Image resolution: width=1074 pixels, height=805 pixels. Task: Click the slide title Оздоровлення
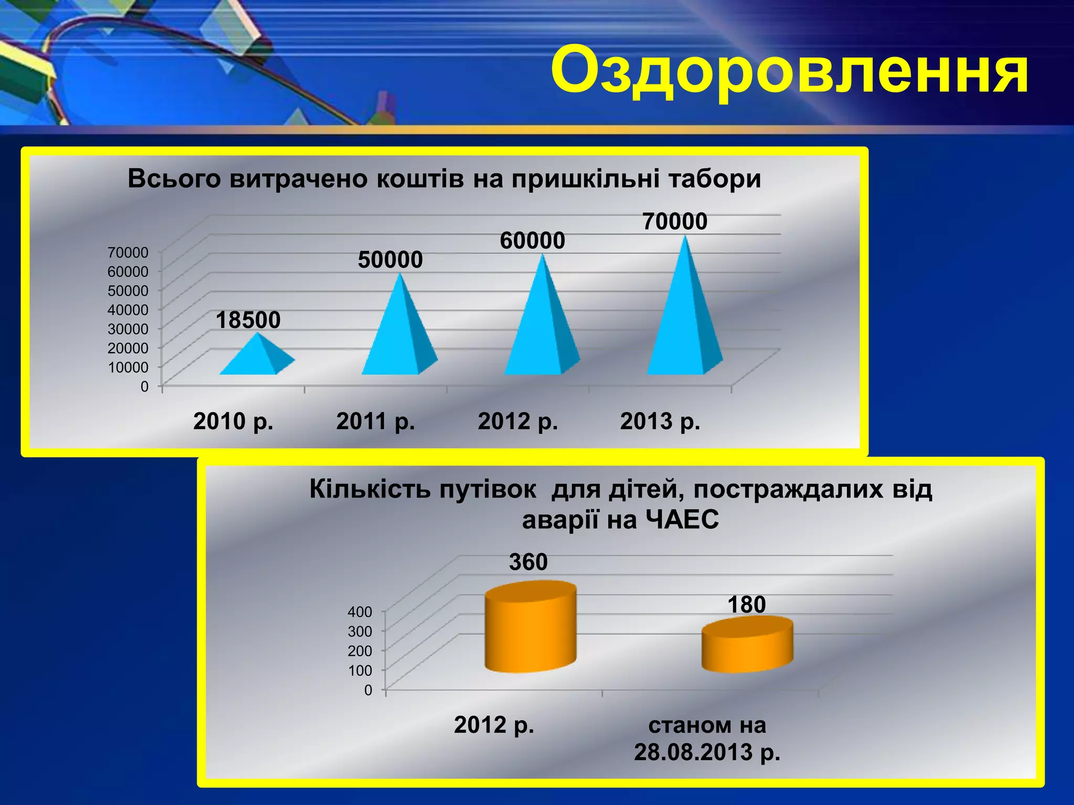(x=789, y=70)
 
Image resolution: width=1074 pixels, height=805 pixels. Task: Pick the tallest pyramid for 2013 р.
(x=682, y=320)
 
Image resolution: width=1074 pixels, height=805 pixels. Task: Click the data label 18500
(x=248, y=320)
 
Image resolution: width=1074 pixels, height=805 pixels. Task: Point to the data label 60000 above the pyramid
(x=532, y=241)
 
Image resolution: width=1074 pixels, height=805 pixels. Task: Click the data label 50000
(x=390, y=260)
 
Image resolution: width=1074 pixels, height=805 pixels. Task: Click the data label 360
(x=528, y=562)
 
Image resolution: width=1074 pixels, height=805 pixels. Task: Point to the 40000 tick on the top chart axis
(x=128, y=310)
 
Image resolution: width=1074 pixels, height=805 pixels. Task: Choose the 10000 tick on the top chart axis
(x=128, y=367)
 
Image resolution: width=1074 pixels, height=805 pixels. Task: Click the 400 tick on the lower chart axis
(x=360, y=612)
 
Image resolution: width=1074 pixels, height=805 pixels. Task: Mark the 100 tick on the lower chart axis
(x=360, y=670)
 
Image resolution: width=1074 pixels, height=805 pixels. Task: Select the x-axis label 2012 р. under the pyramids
(x=518, y=421)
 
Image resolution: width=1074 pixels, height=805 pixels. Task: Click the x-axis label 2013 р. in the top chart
(x=660, y=421)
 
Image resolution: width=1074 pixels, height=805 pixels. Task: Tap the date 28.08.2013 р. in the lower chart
(x=707, y=752)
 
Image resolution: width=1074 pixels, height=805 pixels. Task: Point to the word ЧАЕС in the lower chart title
(x=682, y=520)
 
